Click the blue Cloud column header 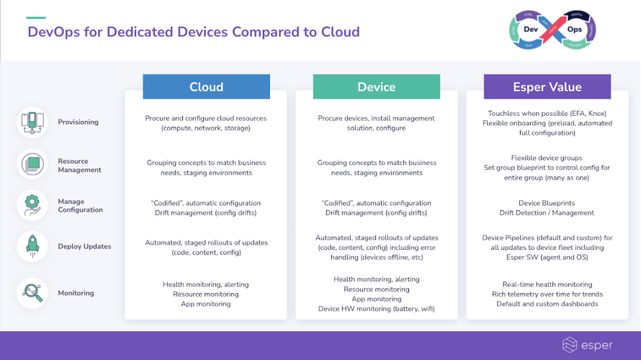click(206, 86)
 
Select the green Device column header click(376, 86)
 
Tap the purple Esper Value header click(547, 86)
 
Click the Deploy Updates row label click(84, 246)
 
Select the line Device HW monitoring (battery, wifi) click(376, 309)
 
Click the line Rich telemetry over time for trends click(547, 294)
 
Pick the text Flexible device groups click(547, 158)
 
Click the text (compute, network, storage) click(206, 128)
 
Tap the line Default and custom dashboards click(547, 304)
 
